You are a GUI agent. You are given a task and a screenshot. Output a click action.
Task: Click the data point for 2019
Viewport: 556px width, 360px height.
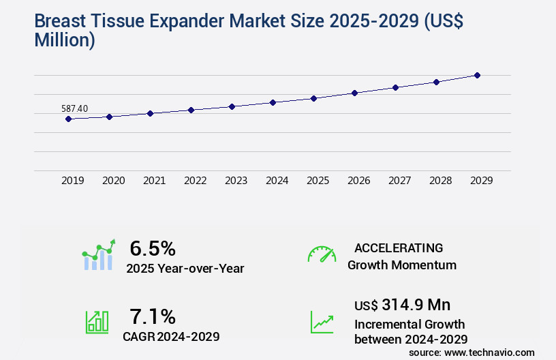[68, 119]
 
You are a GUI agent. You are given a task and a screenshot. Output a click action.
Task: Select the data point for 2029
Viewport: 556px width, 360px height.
[477, 75]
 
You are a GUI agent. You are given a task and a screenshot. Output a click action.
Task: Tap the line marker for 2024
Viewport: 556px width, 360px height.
[273, 102]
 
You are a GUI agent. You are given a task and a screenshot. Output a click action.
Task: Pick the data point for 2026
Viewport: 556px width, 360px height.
[354, 93]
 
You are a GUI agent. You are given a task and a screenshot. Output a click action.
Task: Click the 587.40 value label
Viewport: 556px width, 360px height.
[74, 108]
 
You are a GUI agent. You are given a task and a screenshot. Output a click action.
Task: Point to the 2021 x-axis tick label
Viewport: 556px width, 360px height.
[154, 181]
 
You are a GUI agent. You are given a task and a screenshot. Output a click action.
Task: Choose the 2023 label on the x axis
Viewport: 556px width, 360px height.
[236, 181]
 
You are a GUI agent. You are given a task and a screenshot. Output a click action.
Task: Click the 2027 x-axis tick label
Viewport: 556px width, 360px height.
[399, 181]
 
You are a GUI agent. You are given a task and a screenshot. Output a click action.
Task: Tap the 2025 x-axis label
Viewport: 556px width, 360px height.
[318, 181]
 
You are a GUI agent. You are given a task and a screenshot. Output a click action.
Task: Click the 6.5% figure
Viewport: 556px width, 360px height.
[153, 248]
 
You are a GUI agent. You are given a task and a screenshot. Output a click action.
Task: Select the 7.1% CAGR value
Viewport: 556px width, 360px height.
[153, 316]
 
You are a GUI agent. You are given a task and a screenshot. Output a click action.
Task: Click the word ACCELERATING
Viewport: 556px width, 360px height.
[399, 248]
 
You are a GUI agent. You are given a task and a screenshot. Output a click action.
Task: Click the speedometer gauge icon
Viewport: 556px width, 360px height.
[322, 254]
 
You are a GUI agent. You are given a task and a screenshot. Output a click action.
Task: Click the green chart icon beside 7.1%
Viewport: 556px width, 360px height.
[97, 322]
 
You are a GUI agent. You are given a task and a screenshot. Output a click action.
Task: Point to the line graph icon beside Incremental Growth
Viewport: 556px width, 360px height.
[322, 322]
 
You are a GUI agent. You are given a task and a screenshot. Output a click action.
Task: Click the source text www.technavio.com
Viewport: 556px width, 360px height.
[489, 352]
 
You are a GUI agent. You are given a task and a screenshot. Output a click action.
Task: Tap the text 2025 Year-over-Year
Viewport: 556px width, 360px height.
[185, 269]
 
